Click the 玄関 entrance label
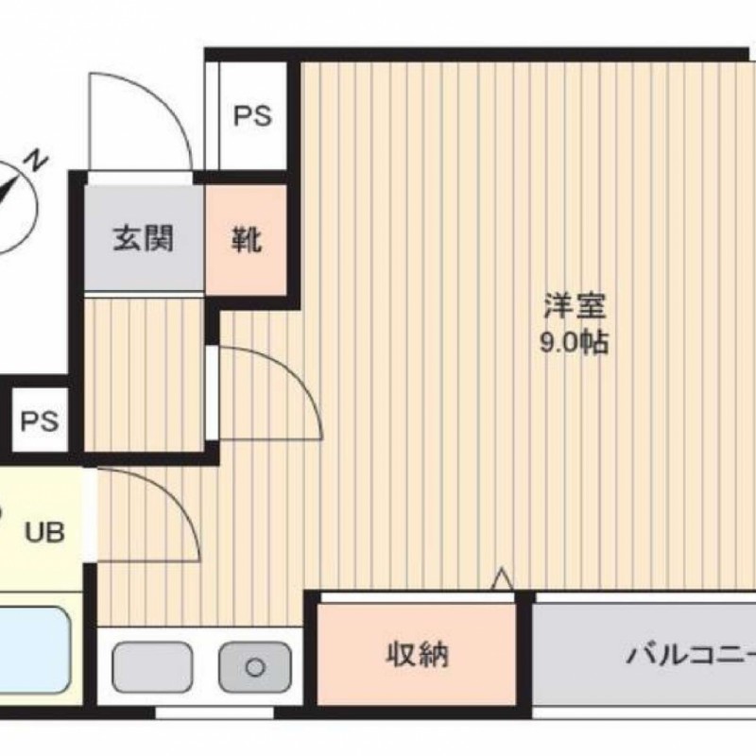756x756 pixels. pos(144,238)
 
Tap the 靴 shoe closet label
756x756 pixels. pos(247,240)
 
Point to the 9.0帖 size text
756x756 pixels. pos(574,342)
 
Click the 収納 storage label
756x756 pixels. pos(418,654)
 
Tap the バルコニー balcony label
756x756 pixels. pos(691,654)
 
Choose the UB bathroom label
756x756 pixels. pos(44,533)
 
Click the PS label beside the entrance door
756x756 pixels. pos(252,116)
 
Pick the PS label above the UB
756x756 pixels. pos(40,421)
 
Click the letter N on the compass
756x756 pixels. pos(38,162)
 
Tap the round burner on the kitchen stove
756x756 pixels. pos(255,668)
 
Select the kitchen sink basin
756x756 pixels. pos(152,667)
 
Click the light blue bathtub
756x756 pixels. pos(33,650)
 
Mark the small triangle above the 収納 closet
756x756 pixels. pos(502,579)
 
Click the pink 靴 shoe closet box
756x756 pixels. pos(246,240)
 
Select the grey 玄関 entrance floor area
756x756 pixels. pos(144,238)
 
